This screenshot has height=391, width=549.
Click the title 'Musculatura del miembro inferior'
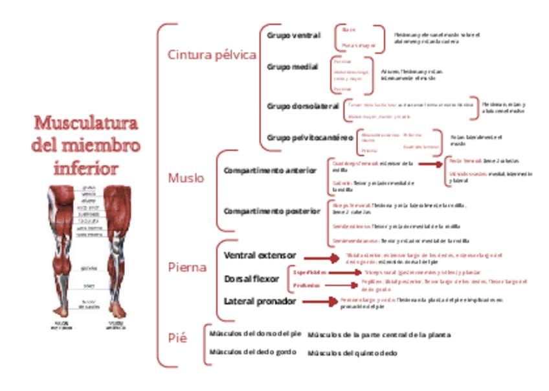(85, 146)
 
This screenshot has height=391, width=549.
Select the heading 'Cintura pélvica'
(212, 55)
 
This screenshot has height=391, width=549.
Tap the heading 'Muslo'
(186, 178)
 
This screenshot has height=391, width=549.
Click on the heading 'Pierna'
(187, 267)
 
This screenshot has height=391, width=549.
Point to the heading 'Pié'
(177, 338)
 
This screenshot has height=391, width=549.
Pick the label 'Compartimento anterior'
(270, 171)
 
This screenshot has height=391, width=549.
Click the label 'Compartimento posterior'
(271, 211)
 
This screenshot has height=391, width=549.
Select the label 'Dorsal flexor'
(251, 279)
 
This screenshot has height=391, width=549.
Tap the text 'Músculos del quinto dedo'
(352, 353)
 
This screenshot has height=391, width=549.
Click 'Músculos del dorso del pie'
(255, 333)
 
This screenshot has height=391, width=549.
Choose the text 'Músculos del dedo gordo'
(252, 352)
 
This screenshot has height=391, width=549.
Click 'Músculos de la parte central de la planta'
(379, 335)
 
